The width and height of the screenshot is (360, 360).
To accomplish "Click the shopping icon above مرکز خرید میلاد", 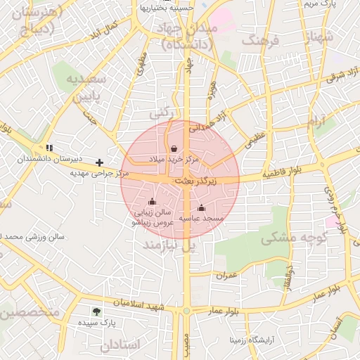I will pos(174,148).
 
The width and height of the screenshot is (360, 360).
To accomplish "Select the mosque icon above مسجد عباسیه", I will pos(202,207).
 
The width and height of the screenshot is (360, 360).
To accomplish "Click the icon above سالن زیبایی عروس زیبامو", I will pos(152,202).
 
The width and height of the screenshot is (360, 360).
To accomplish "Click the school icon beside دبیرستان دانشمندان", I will pos(49,148).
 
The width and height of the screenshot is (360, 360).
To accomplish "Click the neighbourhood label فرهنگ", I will pos(260,41).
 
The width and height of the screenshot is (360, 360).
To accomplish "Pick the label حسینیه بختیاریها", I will pos(166,8).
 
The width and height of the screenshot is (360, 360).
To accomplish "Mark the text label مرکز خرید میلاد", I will pos(174,160).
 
